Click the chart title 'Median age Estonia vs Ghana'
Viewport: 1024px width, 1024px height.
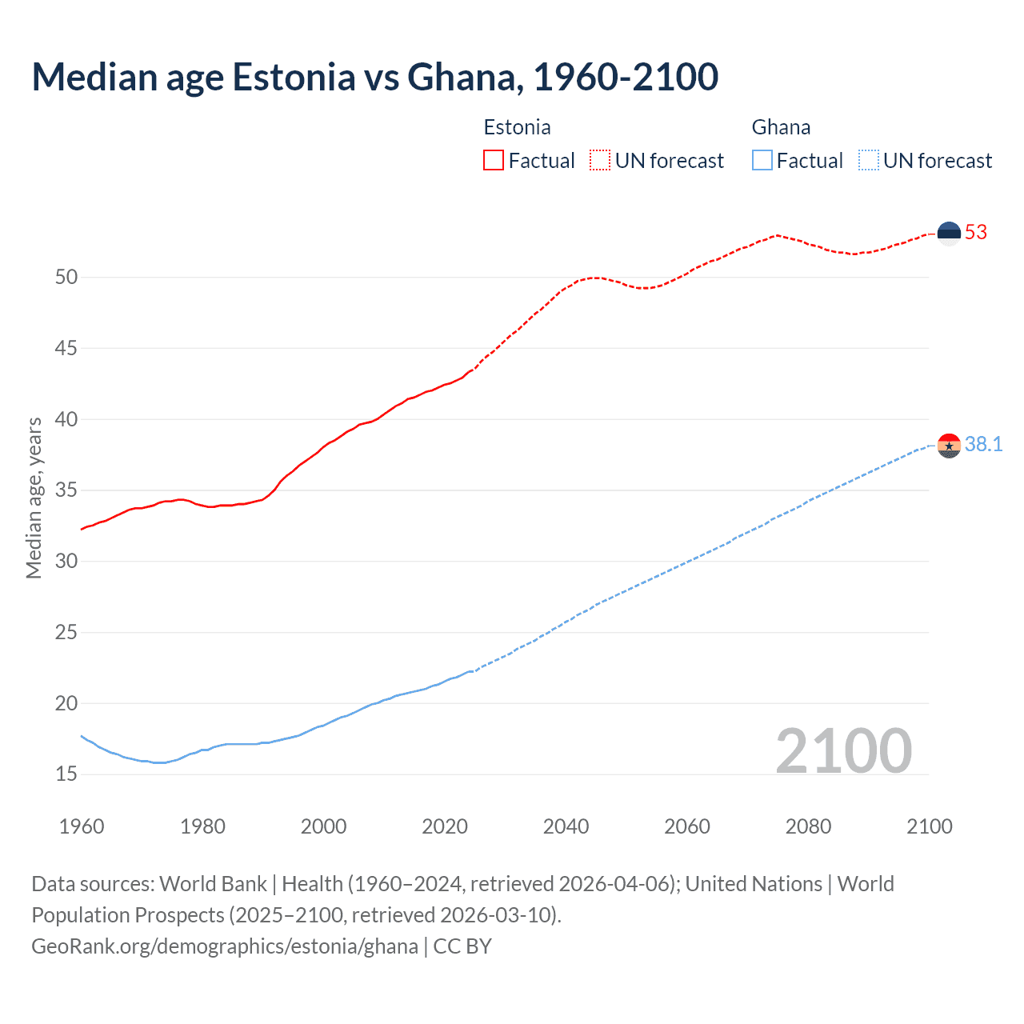tap(374, 77)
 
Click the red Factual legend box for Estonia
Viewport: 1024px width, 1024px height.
tap(494, 160)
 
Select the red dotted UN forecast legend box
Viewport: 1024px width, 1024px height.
tap(600, 160)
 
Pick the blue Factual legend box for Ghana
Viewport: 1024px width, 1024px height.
tap(762, 160)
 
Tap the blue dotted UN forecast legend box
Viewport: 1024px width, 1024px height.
tap(868, 160)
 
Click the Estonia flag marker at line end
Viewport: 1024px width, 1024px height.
tap(949, 233)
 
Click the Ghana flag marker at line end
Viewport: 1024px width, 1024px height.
tap(949, 445)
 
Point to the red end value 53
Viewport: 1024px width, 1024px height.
tap(976, 233)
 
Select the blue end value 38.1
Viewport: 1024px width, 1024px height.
tap(983, 445)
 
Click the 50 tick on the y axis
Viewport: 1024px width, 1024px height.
tap(66, 278)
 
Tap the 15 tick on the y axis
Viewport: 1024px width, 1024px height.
tap(66, 774)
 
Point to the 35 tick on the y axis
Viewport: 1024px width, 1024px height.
tap(66, 490)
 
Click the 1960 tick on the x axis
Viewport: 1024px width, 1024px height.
tap(82, 826)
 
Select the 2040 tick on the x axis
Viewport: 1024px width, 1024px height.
tap(566, 826)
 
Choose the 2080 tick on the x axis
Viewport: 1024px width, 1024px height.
tap(808, 826)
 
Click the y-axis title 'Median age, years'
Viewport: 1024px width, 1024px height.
tap(34, 498)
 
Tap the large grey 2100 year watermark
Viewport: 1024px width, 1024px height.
tap(843, 750)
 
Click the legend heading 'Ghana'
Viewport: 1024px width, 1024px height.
tap(781, 127)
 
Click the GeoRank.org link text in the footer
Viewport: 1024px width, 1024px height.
tap(224, 946)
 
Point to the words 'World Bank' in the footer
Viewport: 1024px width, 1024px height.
tap(213, 884)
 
